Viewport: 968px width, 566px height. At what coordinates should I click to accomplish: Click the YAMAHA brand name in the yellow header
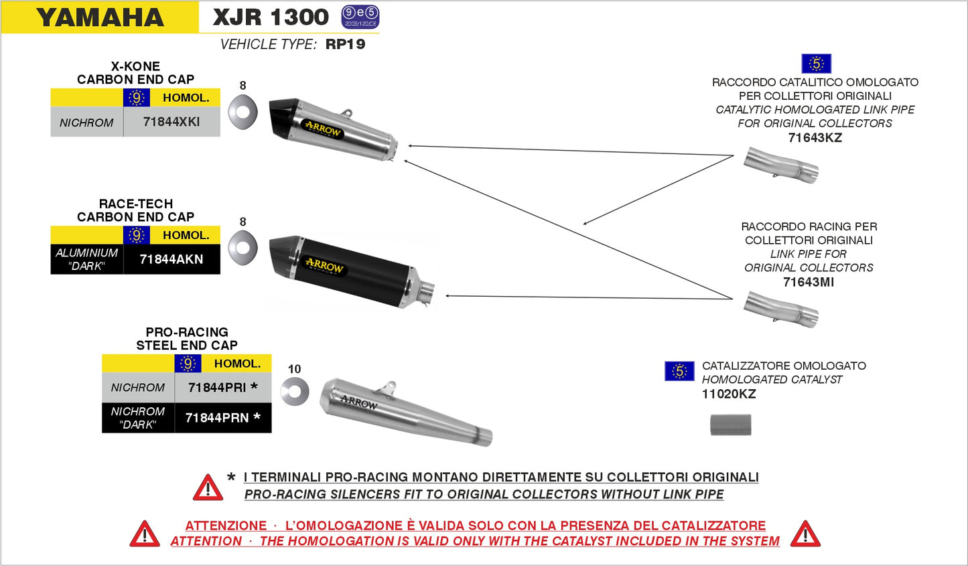coord(100,17)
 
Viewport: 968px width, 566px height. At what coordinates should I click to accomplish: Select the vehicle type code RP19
coord(345,44)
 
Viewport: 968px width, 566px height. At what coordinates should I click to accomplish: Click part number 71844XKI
coord(171,122)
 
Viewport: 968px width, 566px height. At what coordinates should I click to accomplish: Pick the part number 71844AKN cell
coord(171,259)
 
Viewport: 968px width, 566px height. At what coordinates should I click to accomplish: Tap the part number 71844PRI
coord(217,387)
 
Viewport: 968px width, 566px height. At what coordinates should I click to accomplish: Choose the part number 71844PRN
coord(217,418)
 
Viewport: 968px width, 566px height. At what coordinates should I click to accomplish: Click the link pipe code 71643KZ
coord(815,138)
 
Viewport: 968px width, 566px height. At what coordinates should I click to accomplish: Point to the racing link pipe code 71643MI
coord(809,282)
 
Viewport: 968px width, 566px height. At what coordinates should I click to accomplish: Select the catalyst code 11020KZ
coord(728,394)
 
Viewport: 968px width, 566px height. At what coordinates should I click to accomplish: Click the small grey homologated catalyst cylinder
coord(731,425)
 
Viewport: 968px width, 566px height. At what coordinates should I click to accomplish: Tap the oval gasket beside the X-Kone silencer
coord(243,111)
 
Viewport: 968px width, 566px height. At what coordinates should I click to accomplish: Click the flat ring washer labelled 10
coord(295,391)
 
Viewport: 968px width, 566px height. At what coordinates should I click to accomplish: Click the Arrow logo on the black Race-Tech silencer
coord(324,265)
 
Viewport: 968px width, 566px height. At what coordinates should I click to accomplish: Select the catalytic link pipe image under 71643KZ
coord(781,165)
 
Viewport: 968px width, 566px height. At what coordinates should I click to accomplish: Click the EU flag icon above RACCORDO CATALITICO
coord(816,64)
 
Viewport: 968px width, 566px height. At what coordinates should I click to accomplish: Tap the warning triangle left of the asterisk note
coord(208,488)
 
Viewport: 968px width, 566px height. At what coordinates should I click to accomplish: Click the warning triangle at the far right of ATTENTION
coord(805,534)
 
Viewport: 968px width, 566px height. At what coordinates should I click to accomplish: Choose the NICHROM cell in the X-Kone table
coord(86,123)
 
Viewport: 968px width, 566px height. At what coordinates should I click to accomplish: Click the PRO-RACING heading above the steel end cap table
coord(187,332)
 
